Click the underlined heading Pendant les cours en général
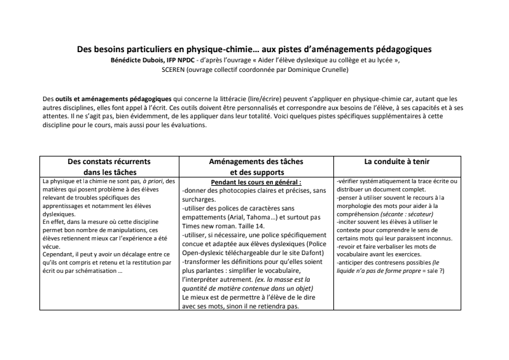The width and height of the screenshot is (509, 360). pyautogui.click(x=256, y=183)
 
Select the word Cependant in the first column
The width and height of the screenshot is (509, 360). pyautogui.click(x=59, y=254)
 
